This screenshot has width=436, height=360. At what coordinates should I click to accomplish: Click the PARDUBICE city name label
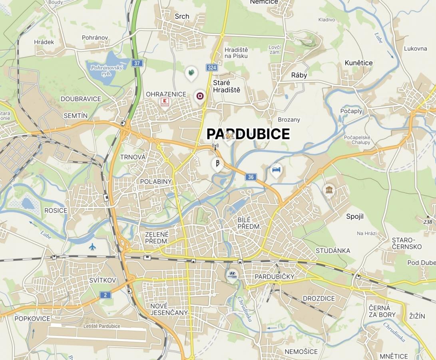pyautogui.click(x=248, y=134)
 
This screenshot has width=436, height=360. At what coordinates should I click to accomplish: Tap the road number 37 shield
pyautogui.click(x=137, y=63)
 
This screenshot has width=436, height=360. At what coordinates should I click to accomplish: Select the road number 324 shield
pyautogui.click(x=211, y=68)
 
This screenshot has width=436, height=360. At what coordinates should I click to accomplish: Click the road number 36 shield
pyautogui.click(x=251, y=177)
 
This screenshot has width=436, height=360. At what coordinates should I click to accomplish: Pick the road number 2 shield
pyautogui.click(x=105, y=295)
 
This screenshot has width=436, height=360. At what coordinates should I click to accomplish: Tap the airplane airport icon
pyautogui.click(x=93, y=246)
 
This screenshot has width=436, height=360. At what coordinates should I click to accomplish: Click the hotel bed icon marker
pyautogui.click(x=276, y=170)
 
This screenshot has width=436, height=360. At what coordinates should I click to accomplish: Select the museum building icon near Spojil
pyautogui.click(x=329, y=189)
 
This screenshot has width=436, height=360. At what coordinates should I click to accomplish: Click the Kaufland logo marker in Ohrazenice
pyautogui.click(x=164, y=102)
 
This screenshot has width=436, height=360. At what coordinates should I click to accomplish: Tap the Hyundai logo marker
pyautogui.click(x=232, y=275)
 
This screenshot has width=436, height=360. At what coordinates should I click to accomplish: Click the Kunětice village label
pyautogui.click(x=358, y=63)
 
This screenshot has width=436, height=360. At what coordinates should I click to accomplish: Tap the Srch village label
pyautogui.click(x=182, y=16)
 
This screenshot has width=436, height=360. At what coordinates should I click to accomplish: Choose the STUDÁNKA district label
pyautogui.click(x=332, y=251)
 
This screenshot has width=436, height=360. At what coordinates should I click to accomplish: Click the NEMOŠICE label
pyautogui.click(x=301, y=352)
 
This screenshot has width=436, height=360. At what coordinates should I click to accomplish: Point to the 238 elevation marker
pyautogui.click(x=428, y=222)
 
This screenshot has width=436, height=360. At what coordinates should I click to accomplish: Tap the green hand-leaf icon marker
pyautogui.click(x=191, y=73)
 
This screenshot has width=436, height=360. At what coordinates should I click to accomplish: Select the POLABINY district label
pyautogui.click(x=156, y=182)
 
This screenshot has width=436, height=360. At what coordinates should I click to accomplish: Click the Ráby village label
pyautogui.click(x=299, y=75)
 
